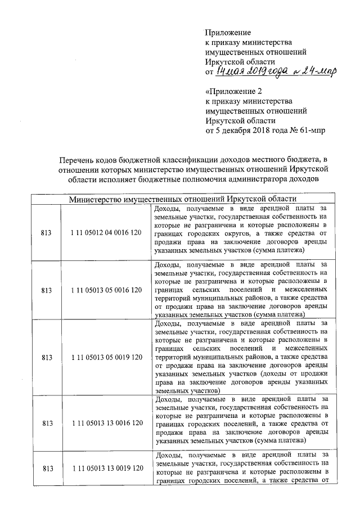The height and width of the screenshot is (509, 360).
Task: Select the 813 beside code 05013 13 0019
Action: (x=47, y=468)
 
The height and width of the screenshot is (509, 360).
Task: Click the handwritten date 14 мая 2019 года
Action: (x=251, y=72)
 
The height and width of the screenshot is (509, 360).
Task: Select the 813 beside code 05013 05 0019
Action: (x=47, y=357)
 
